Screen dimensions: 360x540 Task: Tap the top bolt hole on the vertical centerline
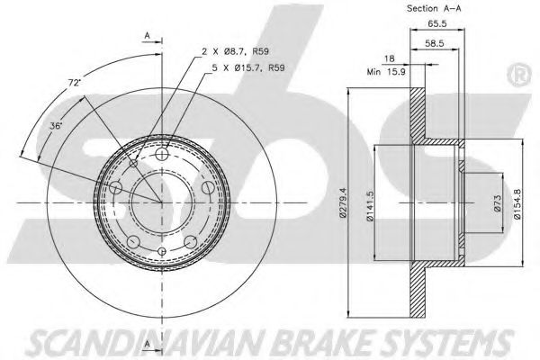click(x=162, y=157)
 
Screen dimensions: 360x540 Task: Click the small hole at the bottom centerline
click(x=162, y=251)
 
